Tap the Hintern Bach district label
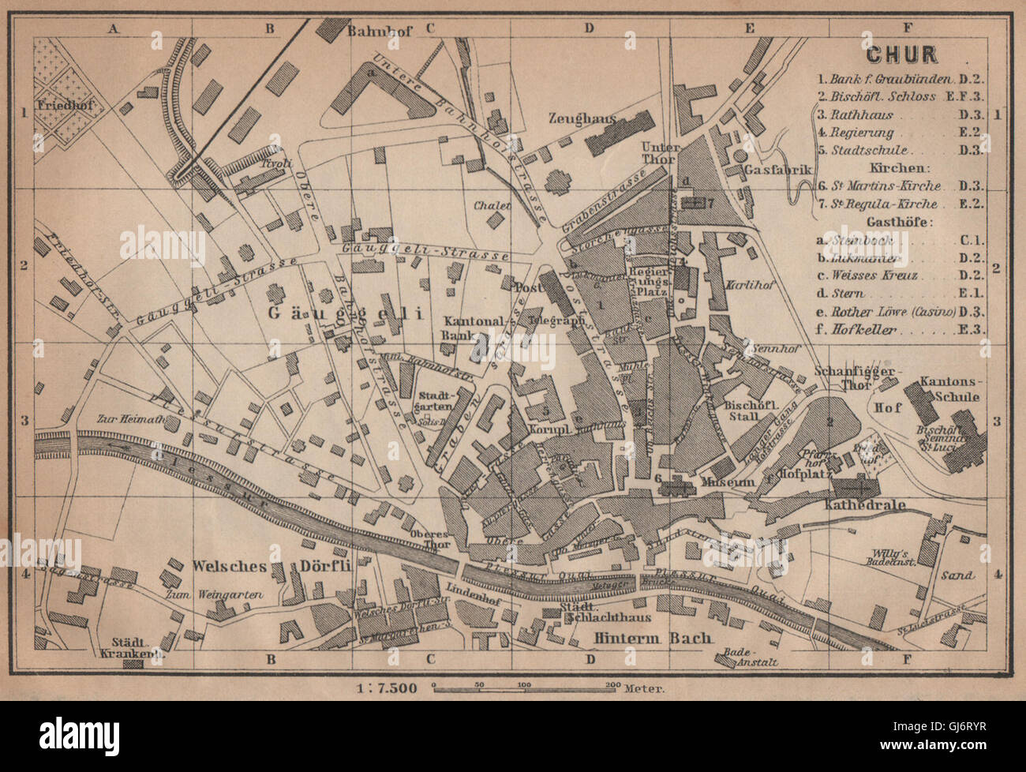point(654,638)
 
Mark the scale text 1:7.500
point(386,688)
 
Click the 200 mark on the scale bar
point(608,684)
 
